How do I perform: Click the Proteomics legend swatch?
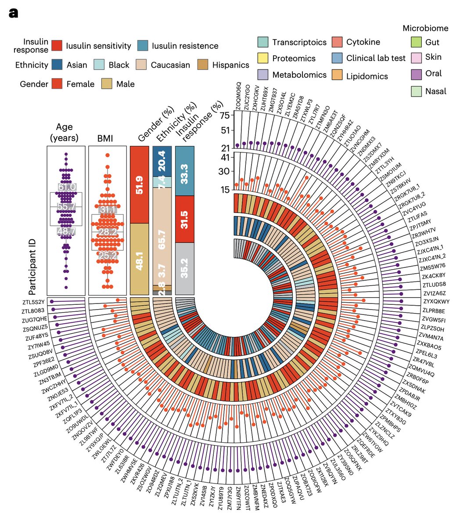263,58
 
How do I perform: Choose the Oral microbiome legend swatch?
415,73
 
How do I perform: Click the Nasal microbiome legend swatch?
415,91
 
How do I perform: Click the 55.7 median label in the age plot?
66,206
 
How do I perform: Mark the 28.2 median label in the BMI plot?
108,232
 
